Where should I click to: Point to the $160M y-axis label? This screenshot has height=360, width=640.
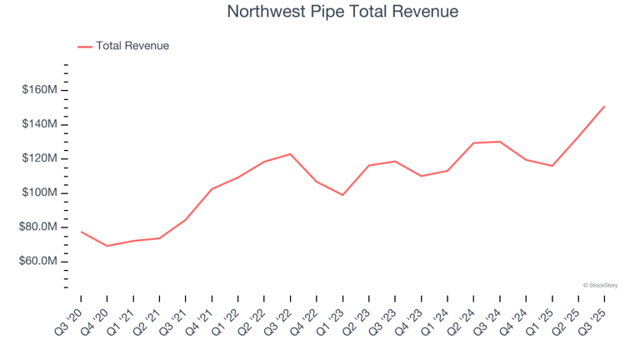40,90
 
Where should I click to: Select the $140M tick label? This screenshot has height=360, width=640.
40,124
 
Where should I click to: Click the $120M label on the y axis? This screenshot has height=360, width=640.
40,158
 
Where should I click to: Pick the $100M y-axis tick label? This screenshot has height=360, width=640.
40,192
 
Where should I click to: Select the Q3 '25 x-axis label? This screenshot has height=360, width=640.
592,317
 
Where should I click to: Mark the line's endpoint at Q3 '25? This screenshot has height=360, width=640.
604,106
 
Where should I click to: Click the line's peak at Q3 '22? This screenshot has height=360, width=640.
290,154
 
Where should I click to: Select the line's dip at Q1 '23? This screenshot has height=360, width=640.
342,195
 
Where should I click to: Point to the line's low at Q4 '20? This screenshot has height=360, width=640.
107,246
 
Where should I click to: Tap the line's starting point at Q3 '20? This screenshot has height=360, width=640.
81,232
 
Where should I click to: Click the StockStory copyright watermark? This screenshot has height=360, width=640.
600,285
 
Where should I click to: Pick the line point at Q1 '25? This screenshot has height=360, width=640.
552,166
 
